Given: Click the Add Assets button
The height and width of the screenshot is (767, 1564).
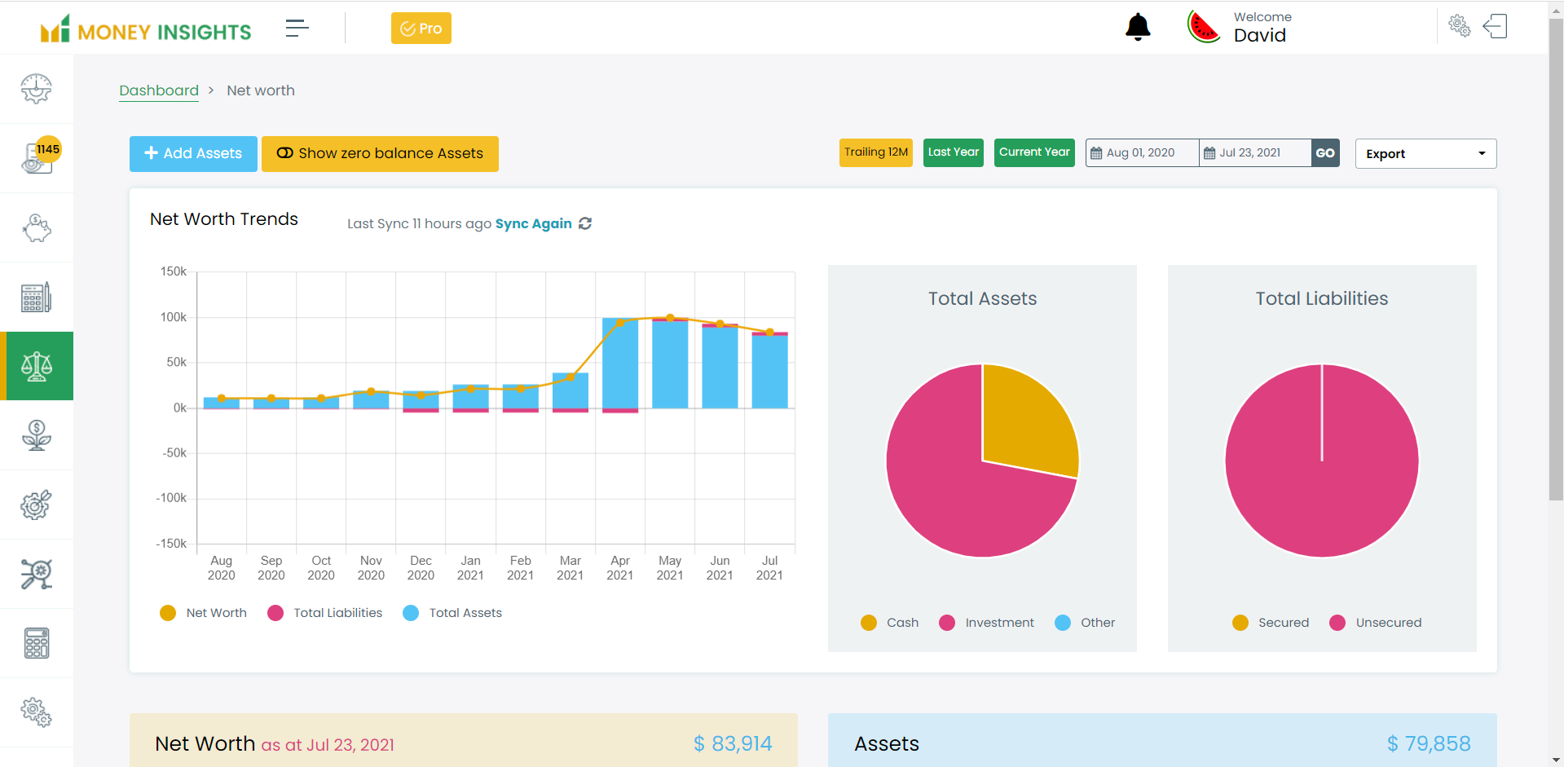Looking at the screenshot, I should (x=193, y=153).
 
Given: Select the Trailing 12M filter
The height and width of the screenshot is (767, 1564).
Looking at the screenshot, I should (x=875, y=152).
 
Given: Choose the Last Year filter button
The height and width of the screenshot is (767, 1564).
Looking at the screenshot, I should (x=953, y=152).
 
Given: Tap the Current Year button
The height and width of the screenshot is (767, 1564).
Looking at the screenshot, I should (x=1033, y=152).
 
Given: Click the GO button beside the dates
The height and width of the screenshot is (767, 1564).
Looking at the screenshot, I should (x=1324, y=153).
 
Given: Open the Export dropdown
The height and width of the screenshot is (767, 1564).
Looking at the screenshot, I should (x=1425, y=154).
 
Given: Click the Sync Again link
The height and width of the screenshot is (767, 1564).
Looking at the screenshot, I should (x=534, y=223).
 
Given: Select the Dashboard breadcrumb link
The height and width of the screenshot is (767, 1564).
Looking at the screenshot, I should (x=159, y=90).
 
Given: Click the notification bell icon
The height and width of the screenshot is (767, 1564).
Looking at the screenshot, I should (x=1137, y=28).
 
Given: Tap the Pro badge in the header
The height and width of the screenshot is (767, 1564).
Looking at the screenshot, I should (x=421, y=29).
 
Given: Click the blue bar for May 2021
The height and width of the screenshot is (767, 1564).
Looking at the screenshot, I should (x=670, y=364).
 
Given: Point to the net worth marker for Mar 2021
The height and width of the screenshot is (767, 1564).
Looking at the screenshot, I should (x=571, y=377).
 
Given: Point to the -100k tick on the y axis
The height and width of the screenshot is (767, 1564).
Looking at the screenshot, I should (x=172, y=498).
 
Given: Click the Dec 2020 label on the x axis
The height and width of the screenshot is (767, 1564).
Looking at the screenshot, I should (x=421, y=567).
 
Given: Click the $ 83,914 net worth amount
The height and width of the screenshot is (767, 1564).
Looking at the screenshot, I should (x=732, y=743).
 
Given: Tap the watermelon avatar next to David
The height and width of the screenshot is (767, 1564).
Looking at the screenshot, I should (x=1203, y=28).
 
